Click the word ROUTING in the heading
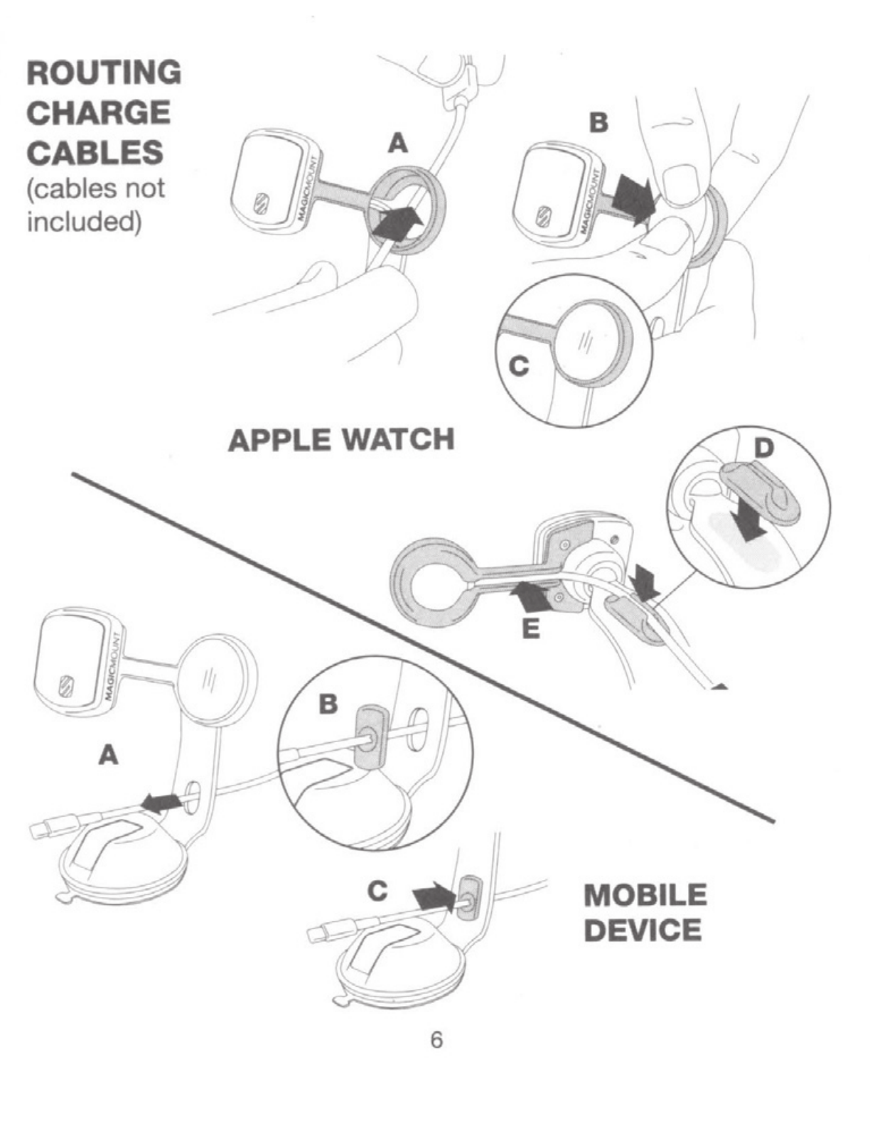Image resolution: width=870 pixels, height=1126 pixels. tap(104, 73)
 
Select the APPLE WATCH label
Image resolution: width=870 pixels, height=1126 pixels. tap(341, 440)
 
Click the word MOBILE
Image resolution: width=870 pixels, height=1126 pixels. tap(645, 895)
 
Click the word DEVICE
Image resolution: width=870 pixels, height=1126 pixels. tap(643, 930)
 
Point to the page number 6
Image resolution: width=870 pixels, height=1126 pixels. tap(436, 1039)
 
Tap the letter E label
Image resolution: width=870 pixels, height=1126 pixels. tap(530, 628)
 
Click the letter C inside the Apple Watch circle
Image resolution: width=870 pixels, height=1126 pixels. tap(520, 366)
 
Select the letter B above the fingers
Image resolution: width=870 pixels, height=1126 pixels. tap(599, 122)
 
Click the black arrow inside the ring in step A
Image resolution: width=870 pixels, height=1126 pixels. tap(395, 222)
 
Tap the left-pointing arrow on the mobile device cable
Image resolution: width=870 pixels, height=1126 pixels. tap(161, 803)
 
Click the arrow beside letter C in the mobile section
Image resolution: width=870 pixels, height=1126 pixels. tap(433, 894)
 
